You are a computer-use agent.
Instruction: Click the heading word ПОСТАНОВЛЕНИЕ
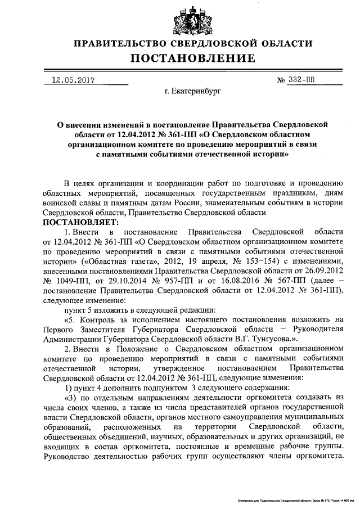193,58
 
